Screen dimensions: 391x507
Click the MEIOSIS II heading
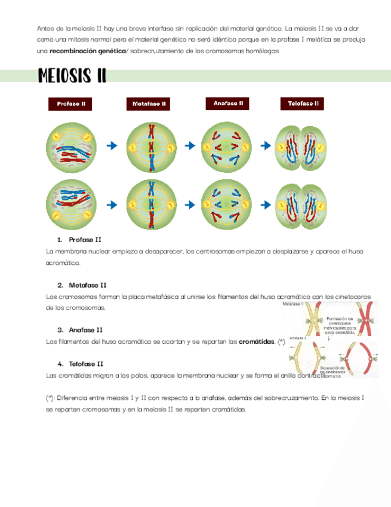click(x=72, y=76)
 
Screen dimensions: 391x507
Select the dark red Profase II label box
click(x=71, y=104)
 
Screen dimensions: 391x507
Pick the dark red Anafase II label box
click(x=228, y=103)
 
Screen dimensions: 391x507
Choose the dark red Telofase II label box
click(x=303, y=104)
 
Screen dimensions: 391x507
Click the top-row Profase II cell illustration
click(x=72, y=145)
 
